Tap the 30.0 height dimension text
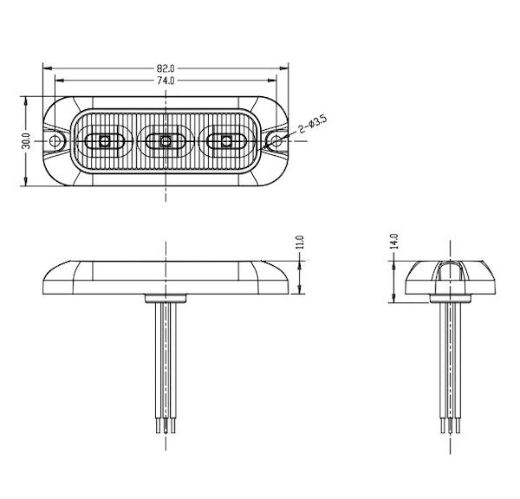(26, 140)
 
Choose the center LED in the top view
(166, 140)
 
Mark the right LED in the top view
(227, 140)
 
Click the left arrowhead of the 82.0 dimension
(46, 68)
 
